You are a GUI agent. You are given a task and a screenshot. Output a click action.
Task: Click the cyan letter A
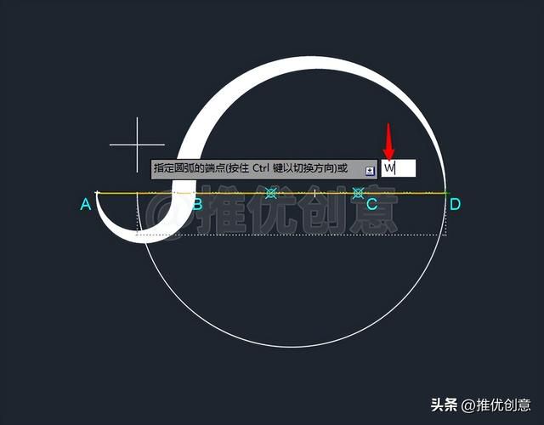(x=86, y=204)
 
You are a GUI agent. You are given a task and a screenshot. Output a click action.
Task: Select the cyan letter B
(x=197, y=204)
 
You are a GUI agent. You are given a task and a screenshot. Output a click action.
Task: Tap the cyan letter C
(x=372, y=204)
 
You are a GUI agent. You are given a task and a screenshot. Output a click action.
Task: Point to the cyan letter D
(x=455, y=204)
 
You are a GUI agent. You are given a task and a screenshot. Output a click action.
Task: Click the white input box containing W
(x=399, y=168)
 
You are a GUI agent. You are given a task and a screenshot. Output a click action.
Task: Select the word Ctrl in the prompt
(x=261, y=168)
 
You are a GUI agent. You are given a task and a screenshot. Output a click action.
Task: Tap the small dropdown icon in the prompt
(x=371, y=170)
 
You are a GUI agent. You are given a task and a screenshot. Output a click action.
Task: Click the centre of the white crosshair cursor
(x=137, y=144)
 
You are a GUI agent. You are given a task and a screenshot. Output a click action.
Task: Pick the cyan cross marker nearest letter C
(x=358, y=193)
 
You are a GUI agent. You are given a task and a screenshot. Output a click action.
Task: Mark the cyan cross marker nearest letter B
(x=271, y=193)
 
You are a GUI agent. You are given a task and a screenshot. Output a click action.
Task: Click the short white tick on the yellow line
(x=314, y=193)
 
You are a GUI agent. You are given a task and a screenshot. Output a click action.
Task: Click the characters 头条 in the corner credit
(x=444, y=405)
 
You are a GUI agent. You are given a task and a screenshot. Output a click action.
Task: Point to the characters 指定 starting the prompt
(x=164, y=168)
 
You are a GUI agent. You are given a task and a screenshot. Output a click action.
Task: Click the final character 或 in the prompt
(x=343, y=168)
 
